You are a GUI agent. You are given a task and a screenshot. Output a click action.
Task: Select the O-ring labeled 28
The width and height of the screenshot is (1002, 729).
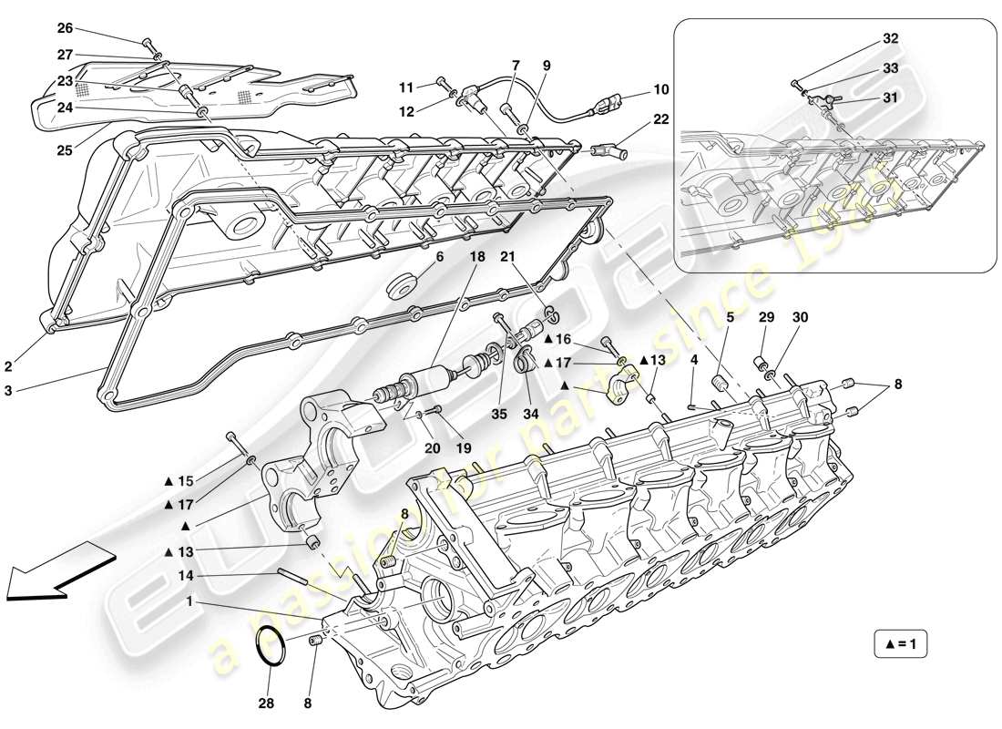(x=271, y=648)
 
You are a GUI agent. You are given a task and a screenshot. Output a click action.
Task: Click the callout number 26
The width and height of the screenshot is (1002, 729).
(x=65, y=28)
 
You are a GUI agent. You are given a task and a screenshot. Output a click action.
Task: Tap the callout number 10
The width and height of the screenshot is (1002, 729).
(x=661, y=89)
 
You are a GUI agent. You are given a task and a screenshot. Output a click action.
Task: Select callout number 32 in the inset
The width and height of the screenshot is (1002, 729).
(x=890, y=39)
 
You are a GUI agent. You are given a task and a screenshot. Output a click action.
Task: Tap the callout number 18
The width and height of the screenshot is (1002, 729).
(x=477, y=259)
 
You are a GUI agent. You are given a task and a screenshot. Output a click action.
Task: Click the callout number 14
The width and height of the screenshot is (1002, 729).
(x=187, y=575)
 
